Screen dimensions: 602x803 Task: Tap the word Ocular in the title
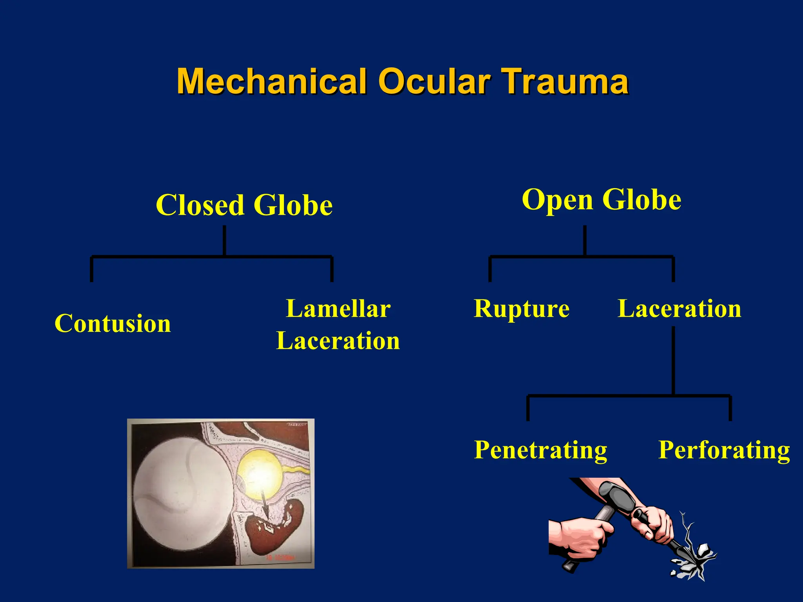coord(434,81)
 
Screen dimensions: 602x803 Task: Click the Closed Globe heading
coord(244,205)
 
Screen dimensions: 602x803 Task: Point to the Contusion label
coord(113,323)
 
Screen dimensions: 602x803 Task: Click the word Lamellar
coord(338,308)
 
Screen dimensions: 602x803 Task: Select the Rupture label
coord(521,308)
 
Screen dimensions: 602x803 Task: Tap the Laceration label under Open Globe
coord(679,308)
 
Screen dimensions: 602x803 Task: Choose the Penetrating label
coord(540,450)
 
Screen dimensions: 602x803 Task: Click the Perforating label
coord(724,450)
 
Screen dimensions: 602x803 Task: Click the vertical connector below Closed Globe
coord(224,241)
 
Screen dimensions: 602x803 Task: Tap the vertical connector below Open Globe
coord(585,241)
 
